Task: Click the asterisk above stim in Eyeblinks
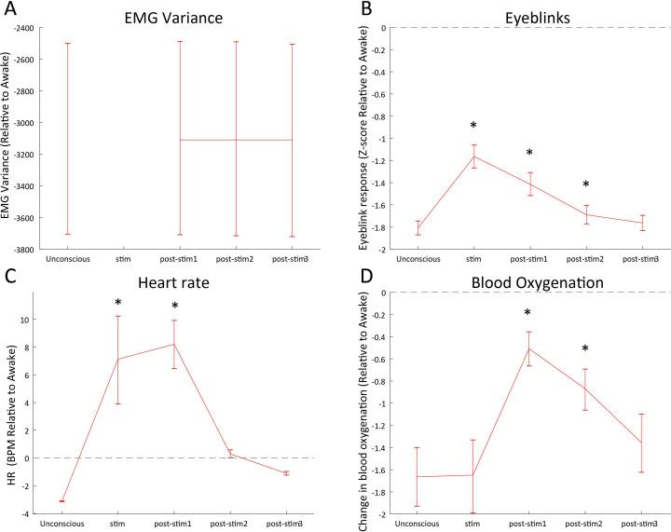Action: [474, 126]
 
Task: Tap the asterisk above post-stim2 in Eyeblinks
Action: [585, 184]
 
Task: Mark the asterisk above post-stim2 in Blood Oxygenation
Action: [585, 349]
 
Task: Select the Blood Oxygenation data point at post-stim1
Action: [529, 348]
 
